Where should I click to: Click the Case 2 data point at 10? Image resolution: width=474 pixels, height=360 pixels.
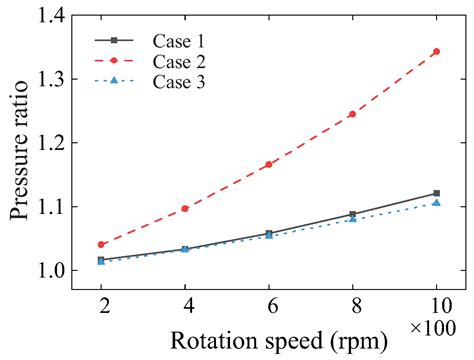click(x=436, y=51)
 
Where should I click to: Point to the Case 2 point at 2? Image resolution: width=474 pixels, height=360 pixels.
click(x=102, y=244)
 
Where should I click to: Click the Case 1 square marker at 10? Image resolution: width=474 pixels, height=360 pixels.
click(x=436, y=193)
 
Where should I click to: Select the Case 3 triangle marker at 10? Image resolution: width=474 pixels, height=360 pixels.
click(x=436, y=203)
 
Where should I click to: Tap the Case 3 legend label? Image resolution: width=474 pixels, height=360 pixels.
click(x=179, y=82)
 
